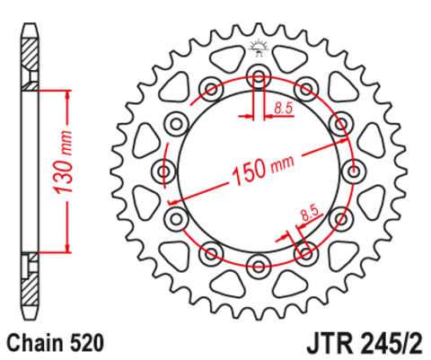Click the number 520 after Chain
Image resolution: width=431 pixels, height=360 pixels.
pos(87,342)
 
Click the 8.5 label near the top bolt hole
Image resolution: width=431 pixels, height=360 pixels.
pos(284,109)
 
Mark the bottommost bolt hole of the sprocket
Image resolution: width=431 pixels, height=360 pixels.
pos(259,263)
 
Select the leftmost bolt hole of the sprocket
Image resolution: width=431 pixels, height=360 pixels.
pos(164,170)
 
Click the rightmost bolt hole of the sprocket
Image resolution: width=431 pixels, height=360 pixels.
pos(354,170)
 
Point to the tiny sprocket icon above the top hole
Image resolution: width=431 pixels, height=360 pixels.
pos(259,48)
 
